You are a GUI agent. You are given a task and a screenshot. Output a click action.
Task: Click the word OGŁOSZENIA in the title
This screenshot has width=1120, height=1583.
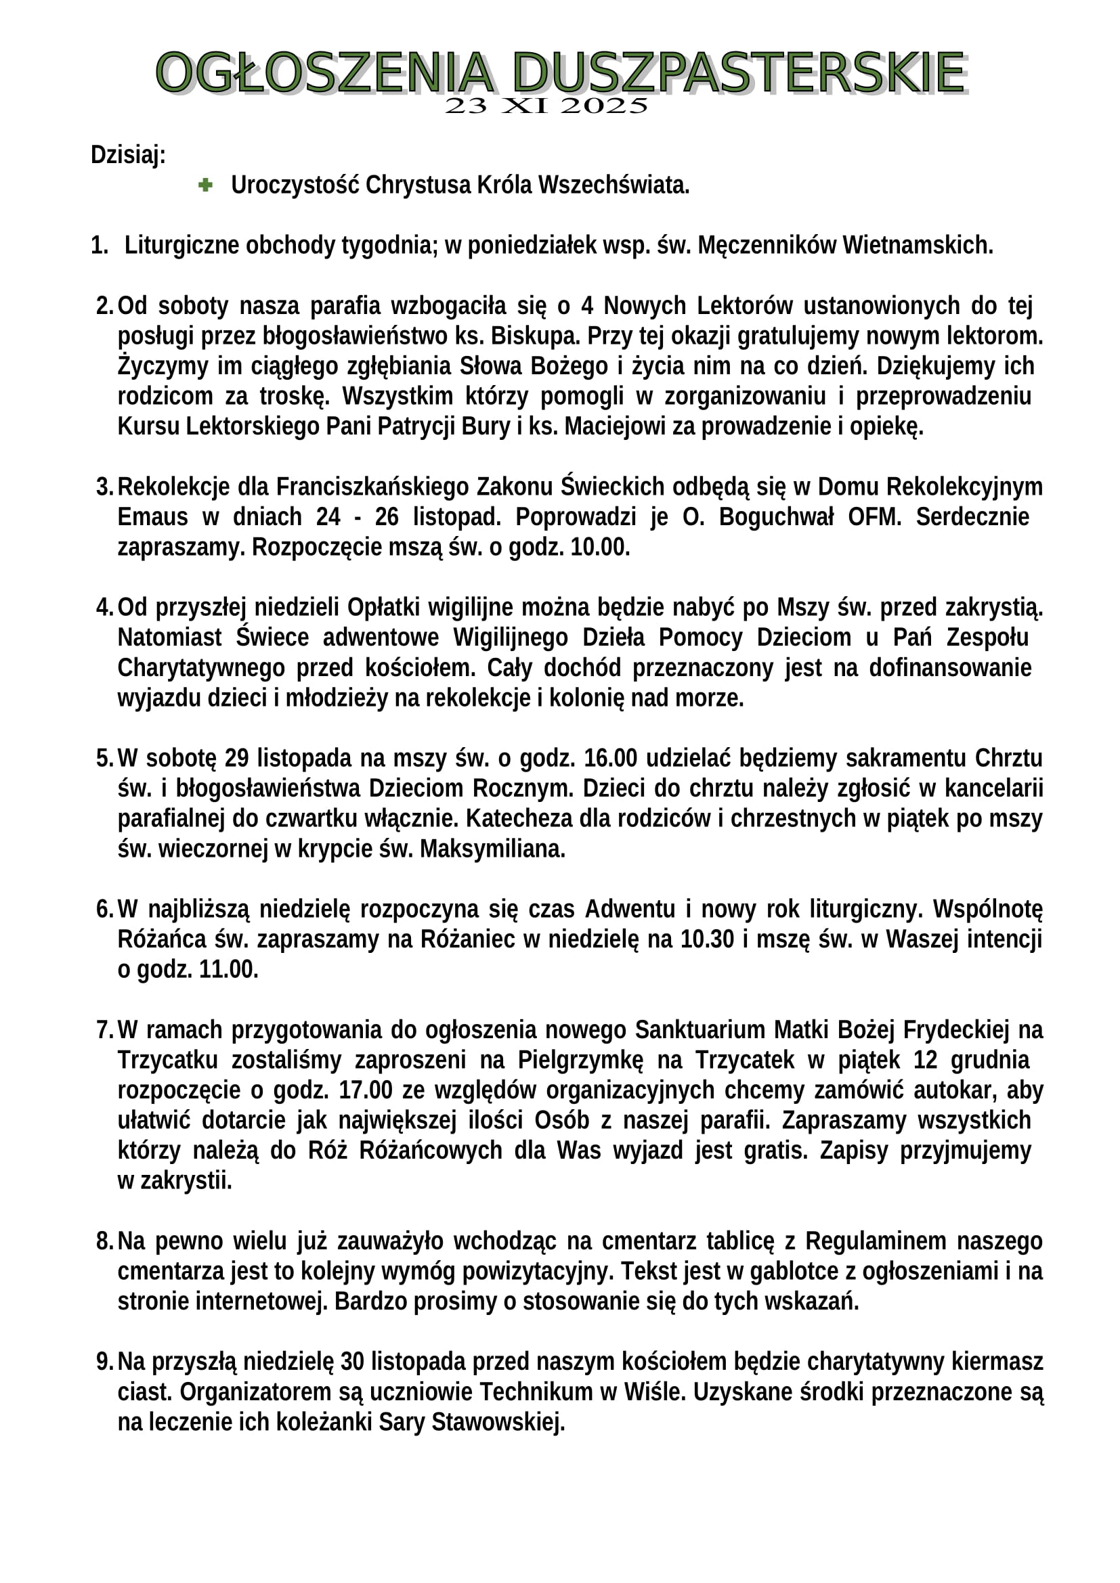click(324, 72)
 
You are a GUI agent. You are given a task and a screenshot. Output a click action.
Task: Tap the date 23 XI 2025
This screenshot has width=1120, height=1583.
click(546, 106)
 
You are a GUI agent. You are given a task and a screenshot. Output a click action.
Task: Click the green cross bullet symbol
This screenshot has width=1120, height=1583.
click(204, 185)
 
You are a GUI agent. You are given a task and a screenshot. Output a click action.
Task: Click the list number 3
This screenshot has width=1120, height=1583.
click(104, 487)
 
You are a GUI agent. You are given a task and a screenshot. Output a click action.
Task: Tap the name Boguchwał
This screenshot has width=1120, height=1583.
click(776, 517)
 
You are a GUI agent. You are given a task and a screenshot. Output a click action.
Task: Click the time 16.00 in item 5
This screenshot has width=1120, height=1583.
click(610, 759)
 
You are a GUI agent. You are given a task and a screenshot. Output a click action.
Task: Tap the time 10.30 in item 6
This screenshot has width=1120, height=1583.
click(707, 940)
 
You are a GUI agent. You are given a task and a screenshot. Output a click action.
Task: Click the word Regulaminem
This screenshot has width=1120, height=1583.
click(875, 1241)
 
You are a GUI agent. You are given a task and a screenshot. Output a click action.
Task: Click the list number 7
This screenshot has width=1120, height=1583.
click(104, 1030)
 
